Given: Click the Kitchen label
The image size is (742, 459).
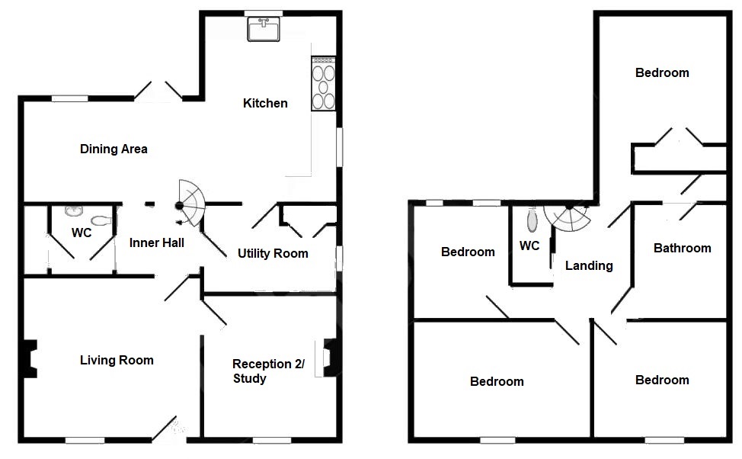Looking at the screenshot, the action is [265, 103].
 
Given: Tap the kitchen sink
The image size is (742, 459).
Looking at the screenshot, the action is [264, 29].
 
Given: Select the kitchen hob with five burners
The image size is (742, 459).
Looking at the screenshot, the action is [323, 84].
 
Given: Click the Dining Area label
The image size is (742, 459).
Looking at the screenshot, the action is [114, 149].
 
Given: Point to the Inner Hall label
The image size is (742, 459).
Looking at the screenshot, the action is [157, 242].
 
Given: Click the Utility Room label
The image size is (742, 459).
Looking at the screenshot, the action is [273, 253].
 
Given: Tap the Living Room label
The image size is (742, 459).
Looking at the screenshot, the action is [117, 360].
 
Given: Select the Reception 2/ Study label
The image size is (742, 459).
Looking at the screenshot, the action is [268, 371].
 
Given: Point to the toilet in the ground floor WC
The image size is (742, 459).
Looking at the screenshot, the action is [101, 221].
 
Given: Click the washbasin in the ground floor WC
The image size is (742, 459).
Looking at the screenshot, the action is [73, 210].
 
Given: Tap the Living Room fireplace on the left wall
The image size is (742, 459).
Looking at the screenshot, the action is [30, 358].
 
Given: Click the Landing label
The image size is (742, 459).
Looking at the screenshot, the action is [589, 265].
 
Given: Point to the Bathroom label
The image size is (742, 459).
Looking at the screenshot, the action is [682, 248].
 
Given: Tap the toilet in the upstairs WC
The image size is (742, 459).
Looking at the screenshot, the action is [533, 221].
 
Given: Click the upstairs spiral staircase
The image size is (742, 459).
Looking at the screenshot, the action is [568, 217].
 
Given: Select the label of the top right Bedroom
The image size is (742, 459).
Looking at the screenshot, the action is [662, 72].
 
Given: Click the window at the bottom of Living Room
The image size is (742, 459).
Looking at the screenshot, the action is [85, 440].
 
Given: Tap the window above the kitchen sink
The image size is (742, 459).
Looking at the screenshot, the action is [264, 13].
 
